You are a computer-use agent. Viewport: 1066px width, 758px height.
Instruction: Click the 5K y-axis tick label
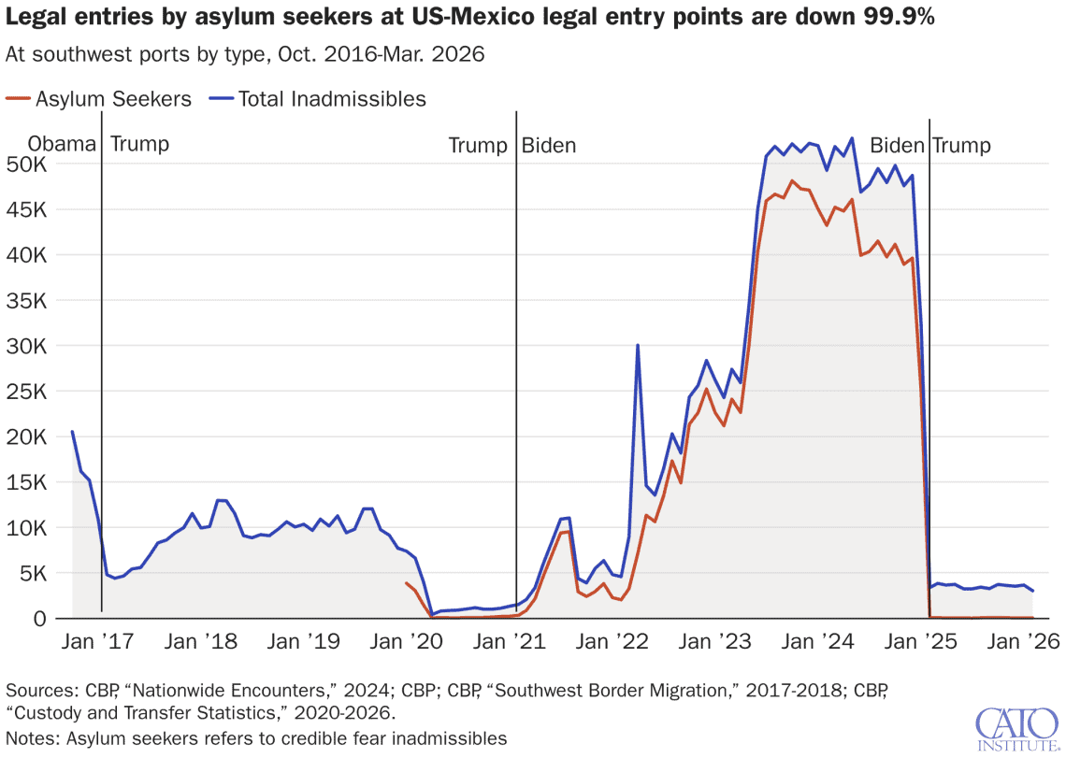click(x=35, y=574)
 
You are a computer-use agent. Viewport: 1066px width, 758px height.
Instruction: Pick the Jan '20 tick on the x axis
click(x=408, y=642)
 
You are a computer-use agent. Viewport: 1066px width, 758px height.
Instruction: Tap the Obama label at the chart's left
click(x=62, y=145)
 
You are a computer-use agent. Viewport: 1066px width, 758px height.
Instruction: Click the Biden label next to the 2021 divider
click(x=549, y=145)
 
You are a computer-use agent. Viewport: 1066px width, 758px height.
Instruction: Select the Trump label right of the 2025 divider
click(x=962, y=145)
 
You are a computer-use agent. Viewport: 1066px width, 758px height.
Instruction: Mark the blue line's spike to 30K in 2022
click(x=638, y=345)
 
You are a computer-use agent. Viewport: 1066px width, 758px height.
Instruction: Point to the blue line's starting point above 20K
click(x=72, y=431)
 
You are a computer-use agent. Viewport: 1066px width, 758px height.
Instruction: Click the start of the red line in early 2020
click(x=406, y=582)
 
